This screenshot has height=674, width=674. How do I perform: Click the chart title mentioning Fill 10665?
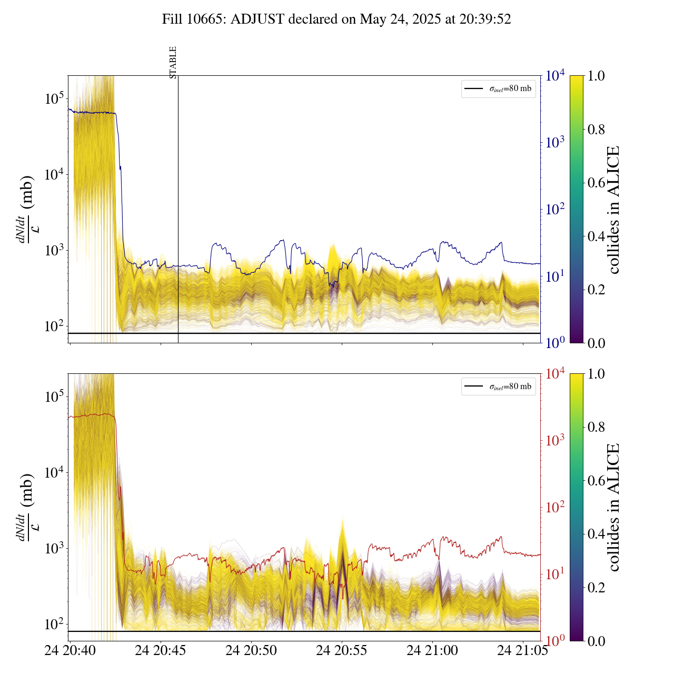click(x=336, y=19)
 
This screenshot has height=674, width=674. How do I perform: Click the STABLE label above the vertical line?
click(x=173, y=63)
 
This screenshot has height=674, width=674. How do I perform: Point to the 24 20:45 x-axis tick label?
click(x=161, y=651)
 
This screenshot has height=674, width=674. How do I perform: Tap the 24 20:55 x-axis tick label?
click(x=342, y=651)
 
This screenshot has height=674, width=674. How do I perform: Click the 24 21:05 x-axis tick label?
click(x=522, y=651)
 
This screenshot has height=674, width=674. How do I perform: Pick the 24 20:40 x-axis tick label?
click(x=70, y=651)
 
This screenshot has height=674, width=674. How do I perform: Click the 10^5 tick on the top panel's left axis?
click(x=54, y=98)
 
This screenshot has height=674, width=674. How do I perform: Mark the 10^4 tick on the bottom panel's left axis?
click(x=54, y=472)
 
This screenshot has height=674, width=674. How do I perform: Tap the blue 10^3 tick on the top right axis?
click(x=555, y=142)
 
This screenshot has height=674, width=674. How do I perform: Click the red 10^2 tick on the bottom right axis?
click(x=555, y=507)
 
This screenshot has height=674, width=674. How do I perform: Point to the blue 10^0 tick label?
click(x=555, y=343)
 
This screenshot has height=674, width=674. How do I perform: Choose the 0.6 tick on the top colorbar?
click(x=596, y=183)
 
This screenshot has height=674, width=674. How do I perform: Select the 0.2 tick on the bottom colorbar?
click(x=596, y=587)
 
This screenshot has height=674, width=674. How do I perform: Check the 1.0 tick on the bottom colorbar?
click(x=596, y=374)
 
